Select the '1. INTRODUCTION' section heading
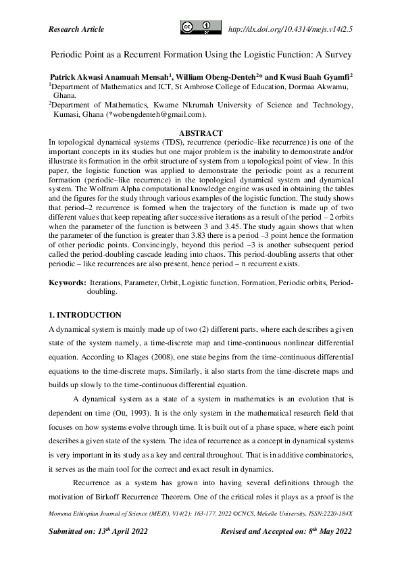85,316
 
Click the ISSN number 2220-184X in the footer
337,514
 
